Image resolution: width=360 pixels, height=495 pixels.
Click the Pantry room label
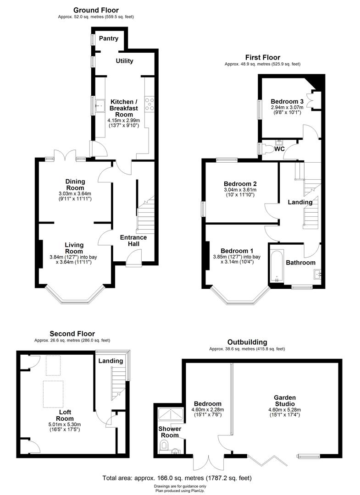pyautogui.click(x=109, y=38)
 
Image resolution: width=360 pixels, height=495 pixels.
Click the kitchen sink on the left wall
pyautogui.click(x=100, y=108)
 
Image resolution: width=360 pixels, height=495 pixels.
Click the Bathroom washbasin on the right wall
pyautogui.click(x=316, y=275)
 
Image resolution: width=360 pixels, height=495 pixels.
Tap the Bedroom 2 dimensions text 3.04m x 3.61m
pyautogui.click(x=240, y=190)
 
